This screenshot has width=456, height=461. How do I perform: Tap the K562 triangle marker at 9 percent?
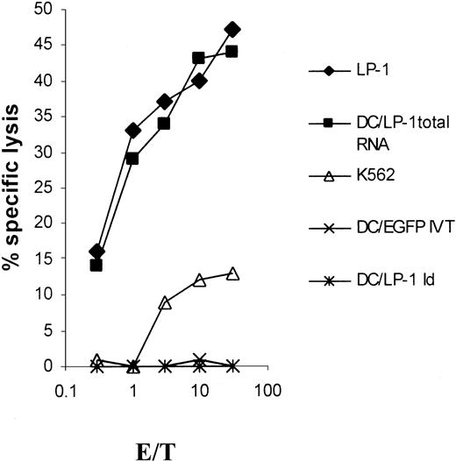pyautogui.click(x=166, y=302)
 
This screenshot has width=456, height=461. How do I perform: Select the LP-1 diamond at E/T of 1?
pyautogui.click(x=133, y=131)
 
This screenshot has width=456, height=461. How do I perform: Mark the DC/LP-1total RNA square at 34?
pyautogui.click(x=165, y=124)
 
